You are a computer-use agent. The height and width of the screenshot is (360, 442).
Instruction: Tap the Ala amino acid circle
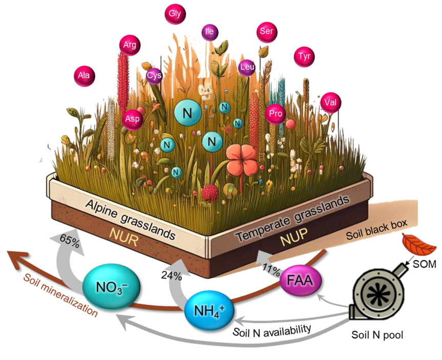[85, 76]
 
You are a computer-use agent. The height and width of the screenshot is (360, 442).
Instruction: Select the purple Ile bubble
[209, 32]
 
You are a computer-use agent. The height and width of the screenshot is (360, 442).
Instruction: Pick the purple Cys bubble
[154, 76]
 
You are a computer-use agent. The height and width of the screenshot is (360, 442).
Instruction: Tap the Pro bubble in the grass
[276, 114]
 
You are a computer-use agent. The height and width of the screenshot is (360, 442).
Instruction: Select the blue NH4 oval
[208, 309]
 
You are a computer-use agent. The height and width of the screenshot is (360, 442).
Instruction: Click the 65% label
[69, 243]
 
